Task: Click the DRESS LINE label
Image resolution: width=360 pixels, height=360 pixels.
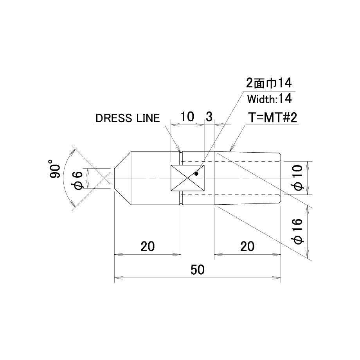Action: (x=128, y=118)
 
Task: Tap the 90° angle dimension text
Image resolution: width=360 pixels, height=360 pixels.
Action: (x=55, y=169)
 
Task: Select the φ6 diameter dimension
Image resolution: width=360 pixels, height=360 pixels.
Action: (x=78, y=180)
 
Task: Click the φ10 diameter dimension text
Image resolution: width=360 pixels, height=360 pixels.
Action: (x=298, y=178)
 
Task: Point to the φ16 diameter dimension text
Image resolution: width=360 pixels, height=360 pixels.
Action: (x=298, y=231)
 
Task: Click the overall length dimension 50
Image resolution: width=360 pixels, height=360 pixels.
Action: (x=198, y=270)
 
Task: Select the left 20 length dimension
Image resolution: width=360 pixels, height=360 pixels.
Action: (x=148, y=247)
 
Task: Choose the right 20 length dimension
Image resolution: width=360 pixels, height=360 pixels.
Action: (x=247, y=247)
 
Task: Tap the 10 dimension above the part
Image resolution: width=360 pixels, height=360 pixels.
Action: (x=187, y=117)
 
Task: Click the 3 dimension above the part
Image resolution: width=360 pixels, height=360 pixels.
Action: (x=209, y=117)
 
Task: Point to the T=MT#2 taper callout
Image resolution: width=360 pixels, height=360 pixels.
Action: (x=273, y=118)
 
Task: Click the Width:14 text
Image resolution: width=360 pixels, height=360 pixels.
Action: (x=270, y=99)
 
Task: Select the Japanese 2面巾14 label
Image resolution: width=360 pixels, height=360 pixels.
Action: (x=269, y=83)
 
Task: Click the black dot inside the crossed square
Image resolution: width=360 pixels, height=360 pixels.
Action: (x=196, y=174)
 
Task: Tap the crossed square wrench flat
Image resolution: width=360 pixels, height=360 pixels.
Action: (x=187, y=178)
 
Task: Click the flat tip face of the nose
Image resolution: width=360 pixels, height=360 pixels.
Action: (x=114, y=178)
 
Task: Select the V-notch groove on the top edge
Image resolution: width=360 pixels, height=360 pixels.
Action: (x=181, y=153)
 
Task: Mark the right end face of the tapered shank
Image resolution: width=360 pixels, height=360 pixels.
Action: (x=281, y=178)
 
